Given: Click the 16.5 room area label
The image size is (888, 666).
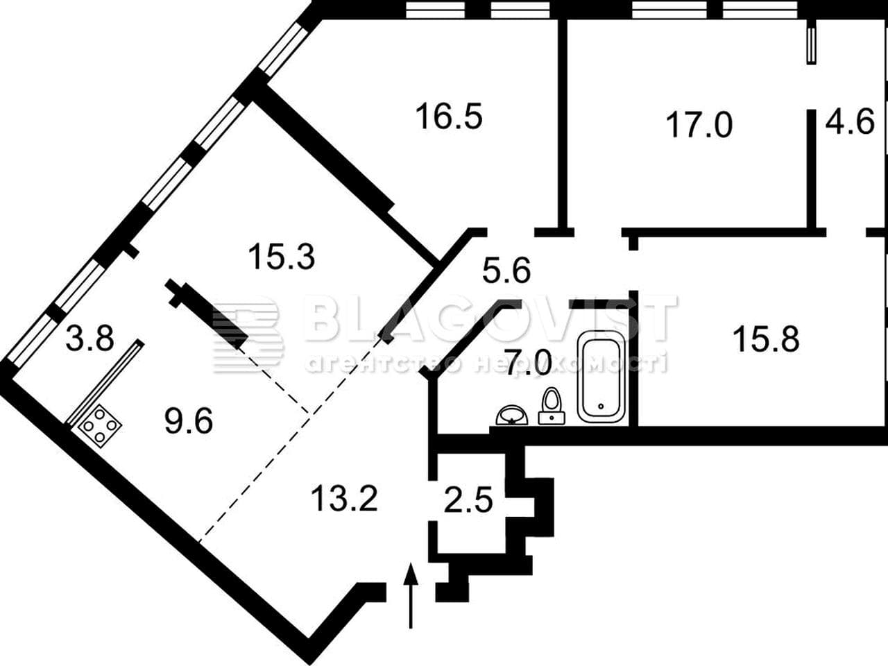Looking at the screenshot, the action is [449, 117].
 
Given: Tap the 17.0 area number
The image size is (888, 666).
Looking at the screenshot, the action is [699, 126].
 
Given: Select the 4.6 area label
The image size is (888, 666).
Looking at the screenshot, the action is [850, 121].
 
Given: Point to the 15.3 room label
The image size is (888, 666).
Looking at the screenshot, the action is [282, 257].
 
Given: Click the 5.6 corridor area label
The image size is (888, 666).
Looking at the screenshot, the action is [506, 271].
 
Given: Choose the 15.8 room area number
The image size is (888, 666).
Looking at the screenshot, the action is [766, 339].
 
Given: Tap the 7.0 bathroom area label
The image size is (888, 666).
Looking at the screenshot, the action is [529, 363].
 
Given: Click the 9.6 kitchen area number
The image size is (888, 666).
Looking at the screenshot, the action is [189, 421].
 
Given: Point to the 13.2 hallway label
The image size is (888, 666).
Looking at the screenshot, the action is [344, 499].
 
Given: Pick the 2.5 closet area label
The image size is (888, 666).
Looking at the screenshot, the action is [468, 499].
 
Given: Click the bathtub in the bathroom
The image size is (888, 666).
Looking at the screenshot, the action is [601, 377].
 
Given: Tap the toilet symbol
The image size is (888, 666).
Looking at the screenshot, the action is [552, 406].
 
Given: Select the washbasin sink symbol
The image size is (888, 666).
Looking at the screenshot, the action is [512, 416].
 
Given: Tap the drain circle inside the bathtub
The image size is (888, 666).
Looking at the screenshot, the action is [601, 406].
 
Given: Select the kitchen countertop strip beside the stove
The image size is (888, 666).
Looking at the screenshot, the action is [105, 382].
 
